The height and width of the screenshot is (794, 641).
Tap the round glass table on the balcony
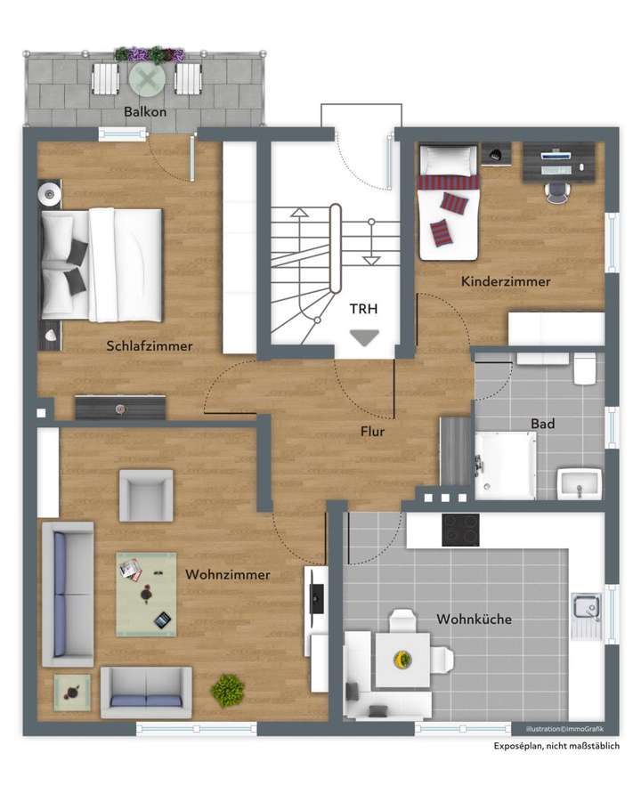tap(146, 80)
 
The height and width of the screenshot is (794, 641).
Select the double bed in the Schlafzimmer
tap(102, 264)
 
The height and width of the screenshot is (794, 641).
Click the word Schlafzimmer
tap(149, 346)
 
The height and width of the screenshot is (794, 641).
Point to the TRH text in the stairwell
tap(362, 309)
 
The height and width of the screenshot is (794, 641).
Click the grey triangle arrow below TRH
tap(363, 337)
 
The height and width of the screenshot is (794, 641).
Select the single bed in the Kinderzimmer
tap(448, 203)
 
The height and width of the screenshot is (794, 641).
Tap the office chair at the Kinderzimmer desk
tap(557, 190)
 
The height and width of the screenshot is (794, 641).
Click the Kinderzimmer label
tap(505, 281)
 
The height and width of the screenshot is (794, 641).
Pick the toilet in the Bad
tap(585, 368)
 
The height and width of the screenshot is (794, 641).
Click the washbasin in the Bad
tap(580, 486)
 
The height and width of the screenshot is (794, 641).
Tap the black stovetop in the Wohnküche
tap(460, 530)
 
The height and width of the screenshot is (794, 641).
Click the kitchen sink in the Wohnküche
tap(586, 608)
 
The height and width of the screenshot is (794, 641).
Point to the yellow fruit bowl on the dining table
tap(402, 659)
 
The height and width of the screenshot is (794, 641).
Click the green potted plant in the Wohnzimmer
tap(228, 690)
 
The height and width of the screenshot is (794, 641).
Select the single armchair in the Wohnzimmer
tap(146, 495)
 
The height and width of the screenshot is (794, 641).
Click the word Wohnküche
tap(474, 619)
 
